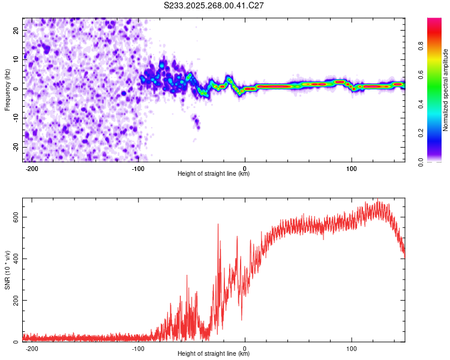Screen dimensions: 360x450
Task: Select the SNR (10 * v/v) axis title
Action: point(7,270)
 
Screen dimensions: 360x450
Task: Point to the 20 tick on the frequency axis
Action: point(16,29)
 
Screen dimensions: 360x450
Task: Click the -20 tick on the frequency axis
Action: point(15,147)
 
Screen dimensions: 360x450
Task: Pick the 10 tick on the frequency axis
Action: point(16,59)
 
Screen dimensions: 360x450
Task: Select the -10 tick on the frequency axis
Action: point(15,118)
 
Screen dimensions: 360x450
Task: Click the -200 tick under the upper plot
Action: point(32,168)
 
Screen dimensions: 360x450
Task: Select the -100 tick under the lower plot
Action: point(139,348)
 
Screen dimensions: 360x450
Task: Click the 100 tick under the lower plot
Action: point(352,348)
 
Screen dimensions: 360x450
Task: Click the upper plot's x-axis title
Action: point(214,174)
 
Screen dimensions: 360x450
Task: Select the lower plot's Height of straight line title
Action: point(214,354)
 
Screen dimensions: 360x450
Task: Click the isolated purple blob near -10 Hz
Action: point(196,123)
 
